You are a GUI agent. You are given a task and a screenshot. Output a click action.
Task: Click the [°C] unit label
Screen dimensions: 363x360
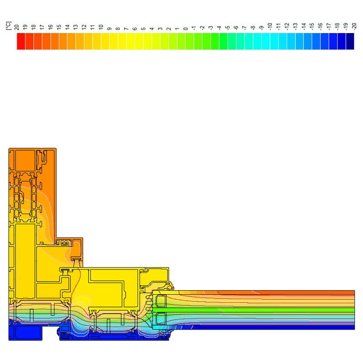point(8,26)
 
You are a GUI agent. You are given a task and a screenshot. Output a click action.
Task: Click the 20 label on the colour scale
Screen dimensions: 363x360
point(17,27)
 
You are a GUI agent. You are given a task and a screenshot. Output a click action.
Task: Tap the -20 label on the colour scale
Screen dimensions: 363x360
point(354,26)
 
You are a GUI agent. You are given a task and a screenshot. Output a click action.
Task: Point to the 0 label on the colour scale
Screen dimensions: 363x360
point(186,29)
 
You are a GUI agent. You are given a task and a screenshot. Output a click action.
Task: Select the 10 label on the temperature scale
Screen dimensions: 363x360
point(101,27)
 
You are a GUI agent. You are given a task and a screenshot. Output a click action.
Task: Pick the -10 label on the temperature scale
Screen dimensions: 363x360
point(270,26)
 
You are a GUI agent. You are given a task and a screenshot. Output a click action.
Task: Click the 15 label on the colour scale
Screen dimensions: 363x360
point(59,27)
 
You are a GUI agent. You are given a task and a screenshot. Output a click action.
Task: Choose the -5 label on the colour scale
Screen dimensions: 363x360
point(228,28)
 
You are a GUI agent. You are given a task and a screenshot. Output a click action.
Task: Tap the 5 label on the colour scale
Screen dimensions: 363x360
point(143,29)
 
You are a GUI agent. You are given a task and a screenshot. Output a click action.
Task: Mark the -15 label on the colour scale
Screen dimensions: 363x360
point(312,26)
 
